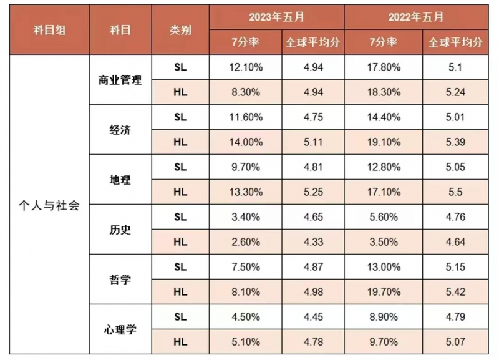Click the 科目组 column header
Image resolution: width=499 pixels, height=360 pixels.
click(49, 30)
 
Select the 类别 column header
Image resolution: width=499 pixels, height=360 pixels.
click(180, 30)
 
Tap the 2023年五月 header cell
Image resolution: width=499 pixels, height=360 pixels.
click(276, 17)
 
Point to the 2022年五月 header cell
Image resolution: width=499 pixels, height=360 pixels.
click(415, 17)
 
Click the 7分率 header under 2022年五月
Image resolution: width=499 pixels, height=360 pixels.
click(383, 42)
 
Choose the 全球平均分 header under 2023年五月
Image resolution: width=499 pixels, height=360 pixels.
click(313, 42)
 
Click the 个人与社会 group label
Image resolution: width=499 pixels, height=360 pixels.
click(49, 205)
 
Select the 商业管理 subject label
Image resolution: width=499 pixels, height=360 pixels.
click(120, 80)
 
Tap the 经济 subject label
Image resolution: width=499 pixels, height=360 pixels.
click(120, 130)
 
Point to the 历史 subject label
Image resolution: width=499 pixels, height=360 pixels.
click(120, 230)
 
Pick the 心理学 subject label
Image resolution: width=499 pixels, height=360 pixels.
click(120, 330)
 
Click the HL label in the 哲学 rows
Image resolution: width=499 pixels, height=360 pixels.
click(180, 292)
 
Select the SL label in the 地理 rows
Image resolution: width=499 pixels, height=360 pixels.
click(180, 167)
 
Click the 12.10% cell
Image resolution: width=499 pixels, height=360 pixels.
click(246, 67)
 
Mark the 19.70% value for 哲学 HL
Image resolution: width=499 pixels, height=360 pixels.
click(384, 292)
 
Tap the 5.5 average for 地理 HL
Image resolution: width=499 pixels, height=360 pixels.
click(455, 192)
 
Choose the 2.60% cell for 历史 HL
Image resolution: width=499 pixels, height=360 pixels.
click(246, 242)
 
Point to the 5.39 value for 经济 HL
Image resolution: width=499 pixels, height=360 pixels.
click(455, 142)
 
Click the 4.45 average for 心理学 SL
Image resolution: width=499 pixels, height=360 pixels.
click(313, 317)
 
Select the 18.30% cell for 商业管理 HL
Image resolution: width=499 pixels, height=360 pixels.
click(384, 92)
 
